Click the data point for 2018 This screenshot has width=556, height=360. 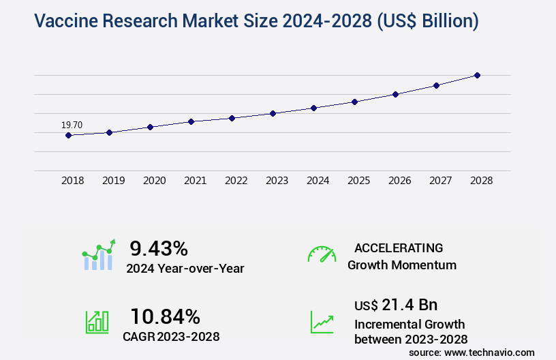pyautogui.click(x=68, y=135)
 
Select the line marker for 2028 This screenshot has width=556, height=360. pyautogui.click(x=477, y=75)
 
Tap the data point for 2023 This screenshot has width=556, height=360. pyautogui.click(x=273, y=113)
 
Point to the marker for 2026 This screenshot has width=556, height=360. pyautogui.click(x=395, y=94)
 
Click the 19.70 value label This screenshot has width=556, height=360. pyautogui.click(x=72, y=125)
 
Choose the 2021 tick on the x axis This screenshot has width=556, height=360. pyautogui.click(x=195, y=181)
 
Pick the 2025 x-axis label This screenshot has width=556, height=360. pyautogui.click(x=358, y=181)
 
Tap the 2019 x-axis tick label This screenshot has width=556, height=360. pyautogui.click(x=113, y=181)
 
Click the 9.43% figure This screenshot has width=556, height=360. pyautogui.click(x=159, y=247)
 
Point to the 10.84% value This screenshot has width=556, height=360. pyautogui.click(x=165, y=316)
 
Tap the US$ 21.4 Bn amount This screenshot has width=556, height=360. pyautogui.click(x=396, y=304)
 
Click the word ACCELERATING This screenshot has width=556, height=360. pyautogui.click(x=399, y=247)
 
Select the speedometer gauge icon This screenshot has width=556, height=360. pyautogui.click(x=322, y=254)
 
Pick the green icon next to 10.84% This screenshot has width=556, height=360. pyautogui.click(x=96, y=322)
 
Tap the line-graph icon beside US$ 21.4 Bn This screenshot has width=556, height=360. pyautogui.click(x=322, y=322)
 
